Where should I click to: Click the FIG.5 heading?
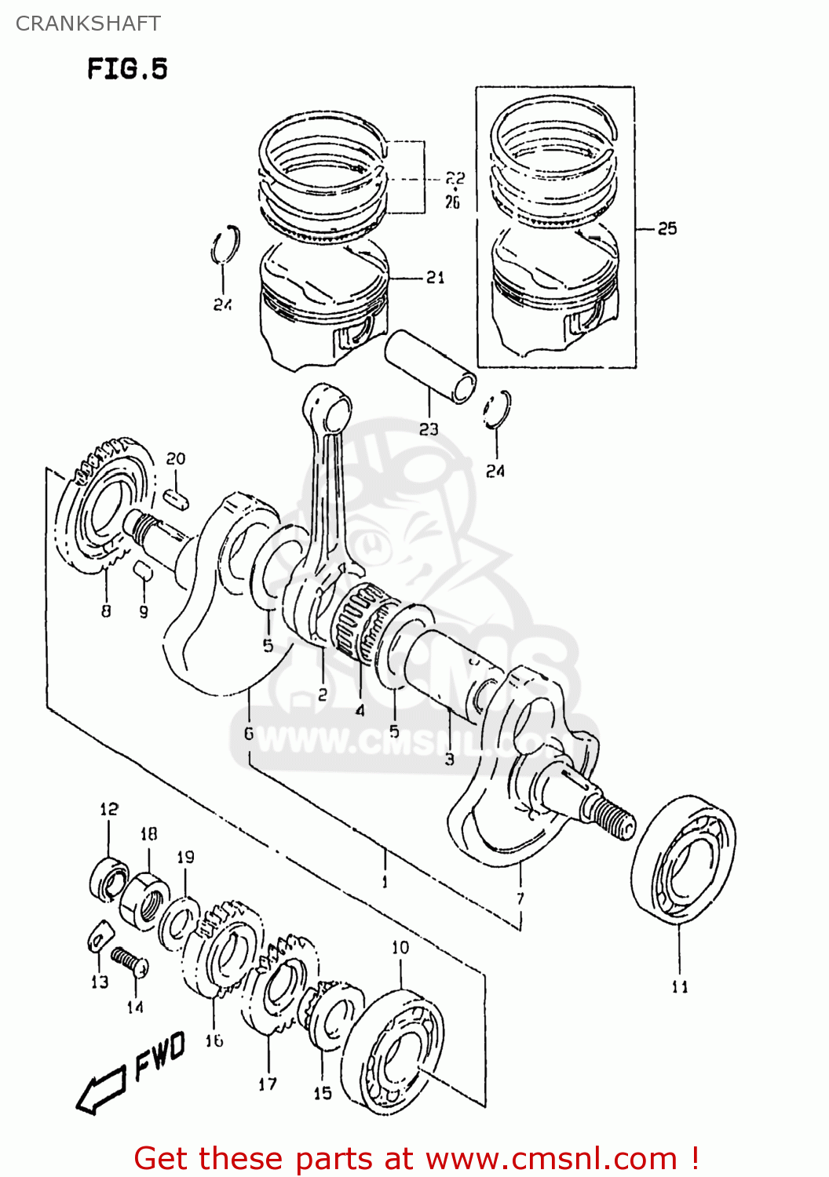[127, 69]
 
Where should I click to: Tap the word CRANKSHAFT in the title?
[88, 24]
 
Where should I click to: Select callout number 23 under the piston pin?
[429, 429]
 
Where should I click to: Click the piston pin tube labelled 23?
[430, 366]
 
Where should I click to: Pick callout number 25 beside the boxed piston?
[666, 228]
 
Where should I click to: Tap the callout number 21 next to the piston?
[435, 277]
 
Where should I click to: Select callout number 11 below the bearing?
[680, 987]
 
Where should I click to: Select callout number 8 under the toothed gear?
[106, 610]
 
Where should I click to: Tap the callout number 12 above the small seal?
[108, 809]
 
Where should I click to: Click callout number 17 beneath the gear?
[268, 1084]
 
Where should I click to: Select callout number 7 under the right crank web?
[520, 898]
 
